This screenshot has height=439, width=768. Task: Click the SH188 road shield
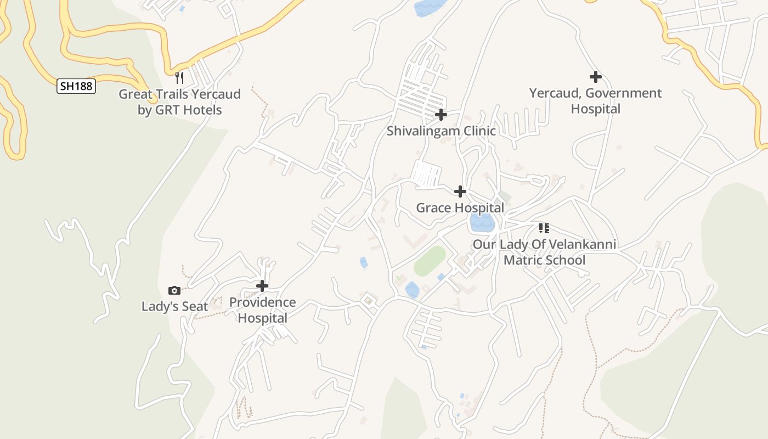[76, 86]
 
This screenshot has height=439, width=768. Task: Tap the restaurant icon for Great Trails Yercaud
[179, 77]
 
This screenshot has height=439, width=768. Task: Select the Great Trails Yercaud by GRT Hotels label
[180, 102]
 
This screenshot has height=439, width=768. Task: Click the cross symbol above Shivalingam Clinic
[441, 115]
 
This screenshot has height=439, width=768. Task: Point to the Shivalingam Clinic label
[441, 131]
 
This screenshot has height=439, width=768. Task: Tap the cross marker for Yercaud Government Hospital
[595, 77]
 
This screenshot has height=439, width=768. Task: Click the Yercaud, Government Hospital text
[595, 101]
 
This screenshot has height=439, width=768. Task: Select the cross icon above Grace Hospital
[460, 192]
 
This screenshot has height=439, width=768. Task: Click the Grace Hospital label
[460, 208]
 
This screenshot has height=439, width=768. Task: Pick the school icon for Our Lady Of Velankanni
[544, 228]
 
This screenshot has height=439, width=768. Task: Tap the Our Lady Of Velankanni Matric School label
[544, 252]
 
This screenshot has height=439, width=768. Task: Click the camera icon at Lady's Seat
[174, 290]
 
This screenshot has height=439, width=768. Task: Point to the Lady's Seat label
[174, 306]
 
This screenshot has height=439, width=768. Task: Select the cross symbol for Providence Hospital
[262, 286]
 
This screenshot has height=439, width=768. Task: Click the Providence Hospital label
[262, 310]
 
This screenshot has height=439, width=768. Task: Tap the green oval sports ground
[430, 261]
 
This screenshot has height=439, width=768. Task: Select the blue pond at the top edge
[430, 7]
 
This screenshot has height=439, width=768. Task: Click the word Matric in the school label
[524, 260]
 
